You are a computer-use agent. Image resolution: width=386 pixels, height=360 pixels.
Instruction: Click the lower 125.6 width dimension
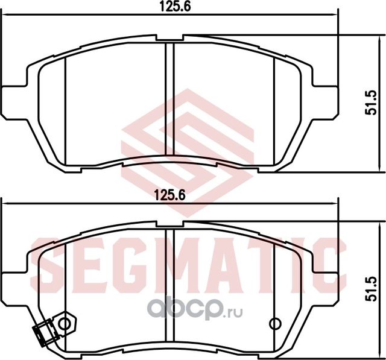[169, 194]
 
